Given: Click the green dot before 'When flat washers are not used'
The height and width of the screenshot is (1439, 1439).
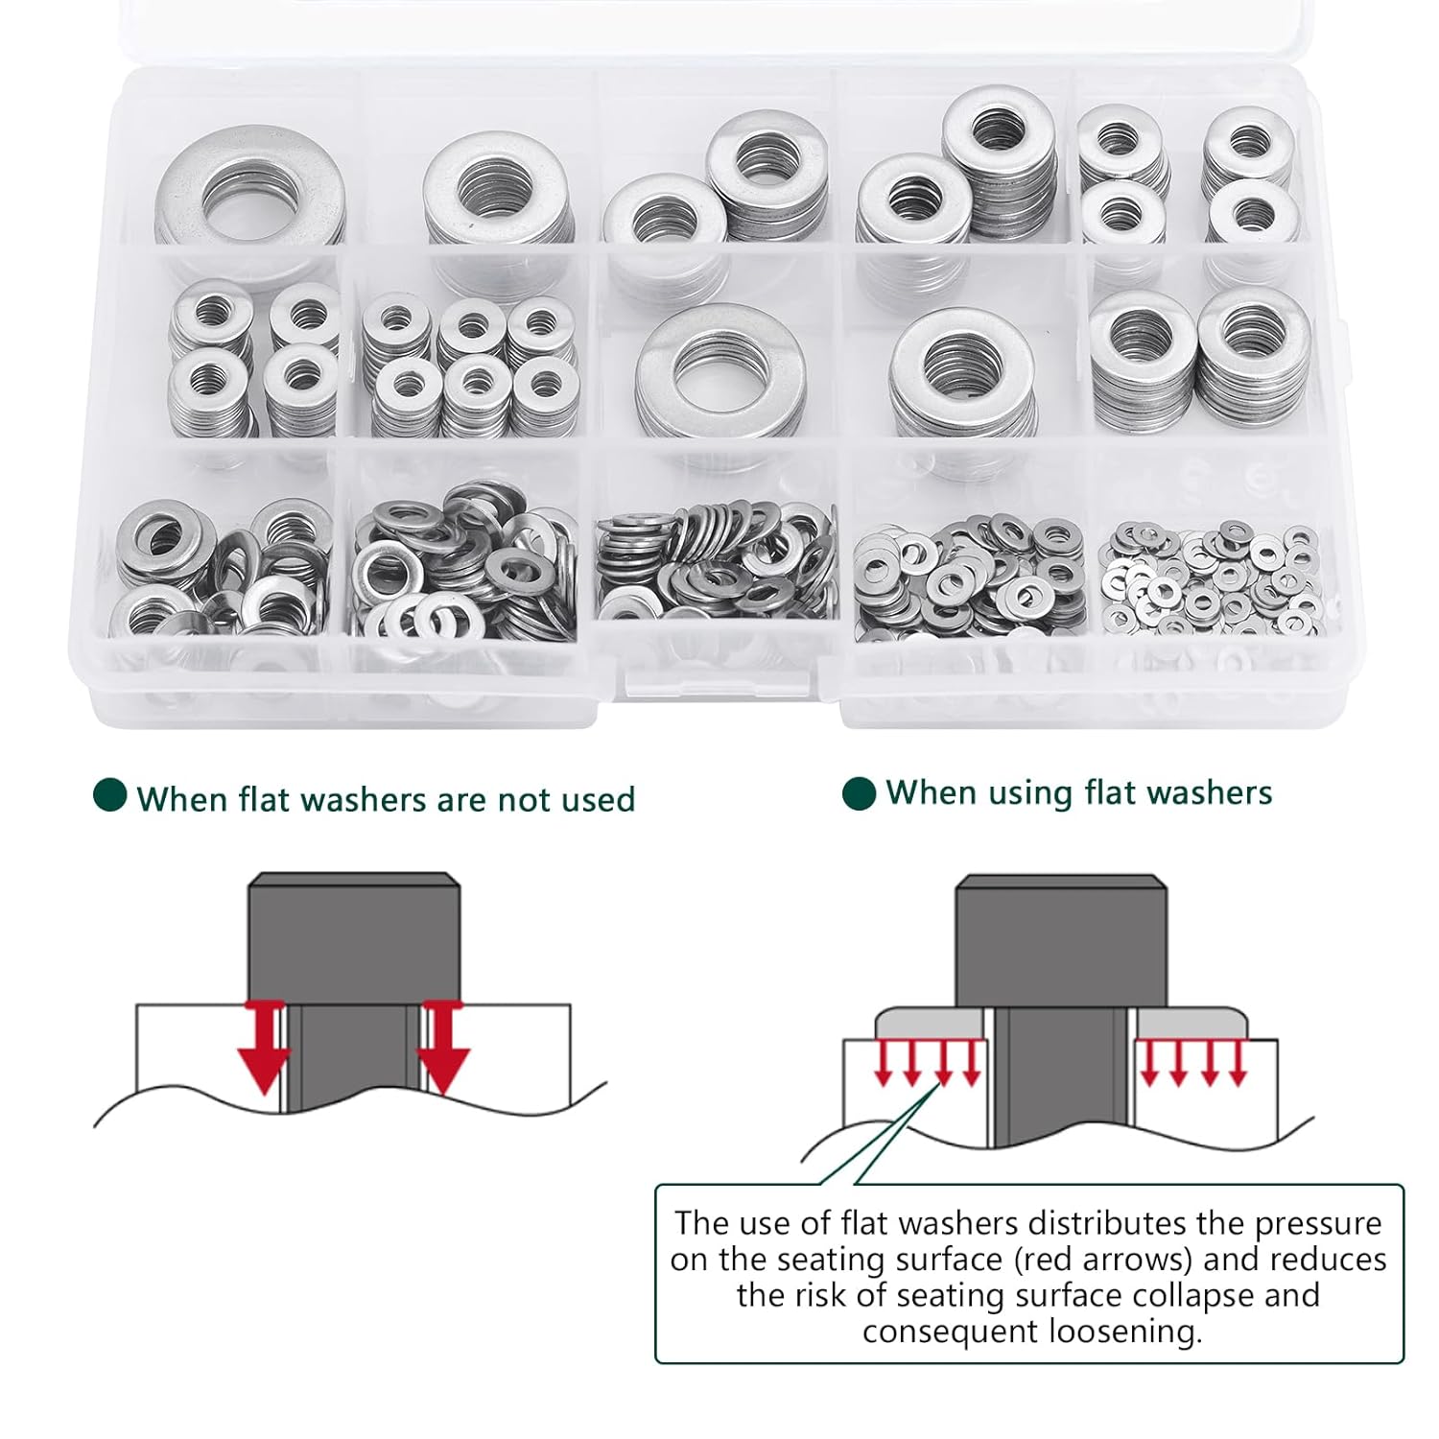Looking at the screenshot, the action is coord(110,795).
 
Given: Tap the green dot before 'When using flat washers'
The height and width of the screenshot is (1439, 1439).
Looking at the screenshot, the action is coord(859,793).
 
